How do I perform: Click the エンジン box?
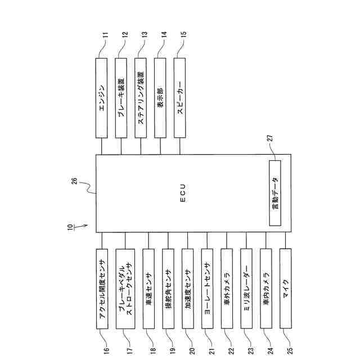click(x=101, y=98)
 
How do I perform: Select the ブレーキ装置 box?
click(x=121, y=98)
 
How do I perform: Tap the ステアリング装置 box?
click(x=141, y=98)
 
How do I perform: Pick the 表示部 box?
click(x=161, y=98)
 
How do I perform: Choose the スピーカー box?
click(x=180, y=98)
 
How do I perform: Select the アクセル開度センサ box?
click(x=102, y=289)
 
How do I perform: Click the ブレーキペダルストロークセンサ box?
click(x=125, y=289)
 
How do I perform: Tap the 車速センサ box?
click(x=148, y=289)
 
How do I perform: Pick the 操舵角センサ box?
click(x=168, y=289)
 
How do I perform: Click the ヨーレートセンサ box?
click(x=208, y=289)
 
